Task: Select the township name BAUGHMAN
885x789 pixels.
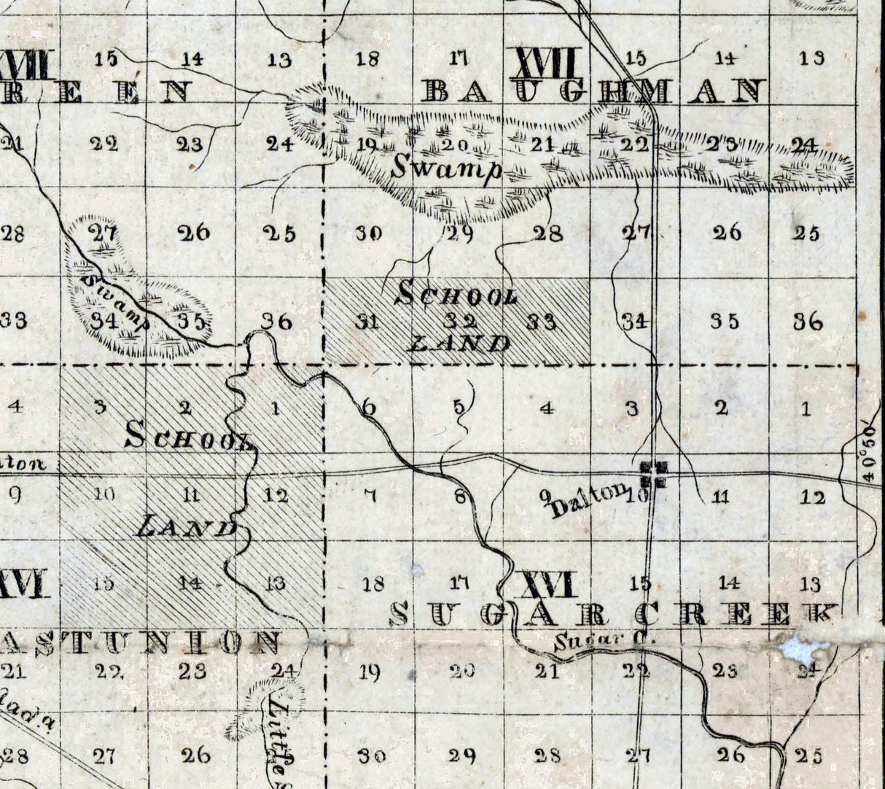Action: click(593, 92)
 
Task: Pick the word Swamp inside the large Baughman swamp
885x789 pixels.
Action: click(446, 168)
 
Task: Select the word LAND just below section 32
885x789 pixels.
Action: click(458, 343)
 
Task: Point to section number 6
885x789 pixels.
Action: click(369, 408)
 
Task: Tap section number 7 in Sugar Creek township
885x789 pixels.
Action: click(370, 497)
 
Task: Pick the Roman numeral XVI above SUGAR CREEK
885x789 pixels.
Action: click(545, 584)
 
